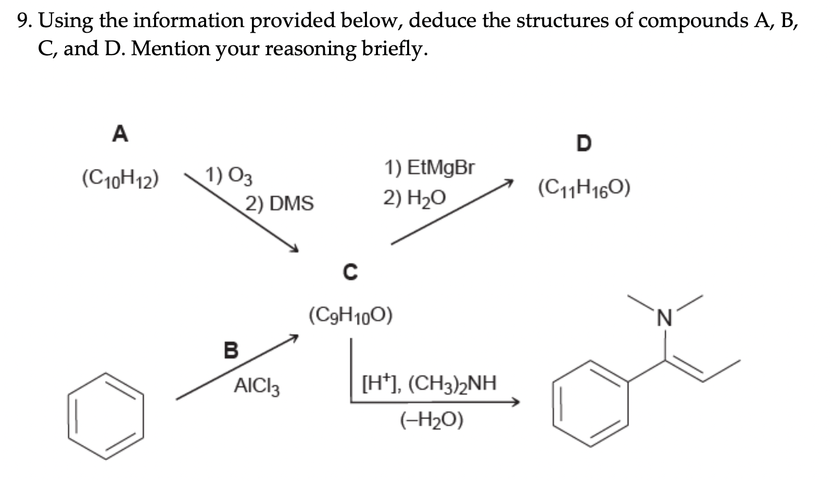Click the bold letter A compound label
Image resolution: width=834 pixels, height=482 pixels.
click(120, 134)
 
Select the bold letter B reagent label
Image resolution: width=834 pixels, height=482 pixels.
click(231, 350)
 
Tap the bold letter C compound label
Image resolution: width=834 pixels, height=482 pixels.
click(350, 272)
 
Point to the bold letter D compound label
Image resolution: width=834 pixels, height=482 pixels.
click(584, 143)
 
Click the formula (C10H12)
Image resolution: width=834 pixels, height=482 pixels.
click(121, 180)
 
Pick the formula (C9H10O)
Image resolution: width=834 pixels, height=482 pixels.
click(350, 315)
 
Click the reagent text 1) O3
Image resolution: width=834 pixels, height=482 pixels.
click(229, 175)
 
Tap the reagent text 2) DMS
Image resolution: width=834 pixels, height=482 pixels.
click(280, 203)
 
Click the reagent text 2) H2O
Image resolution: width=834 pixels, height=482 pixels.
click(414, 198)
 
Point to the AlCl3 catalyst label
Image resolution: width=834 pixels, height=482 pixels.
click(257, 386)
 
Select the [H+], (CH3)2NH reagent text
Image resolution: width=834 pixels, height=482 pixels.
click(429, 384)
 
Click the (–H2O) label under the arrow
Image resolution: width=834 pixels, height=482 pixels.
click(432, 420)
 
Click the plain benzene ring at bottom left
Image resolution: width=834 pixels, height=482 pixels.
click(106, 415)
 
